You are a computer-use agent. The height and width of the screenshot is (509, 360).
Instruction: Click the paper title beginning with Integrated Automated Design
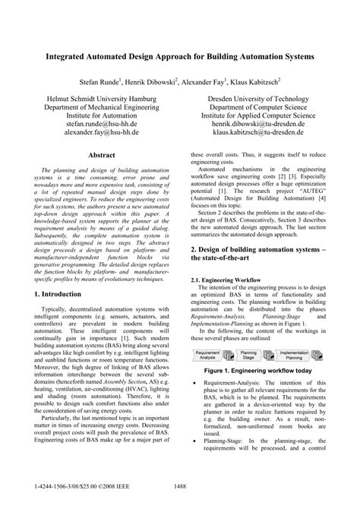179,57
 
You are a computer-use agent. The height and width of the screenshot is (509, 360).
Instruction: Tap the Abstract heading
101,154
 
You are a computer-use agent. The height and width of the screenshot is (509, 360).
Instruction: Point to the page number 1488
180,488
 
